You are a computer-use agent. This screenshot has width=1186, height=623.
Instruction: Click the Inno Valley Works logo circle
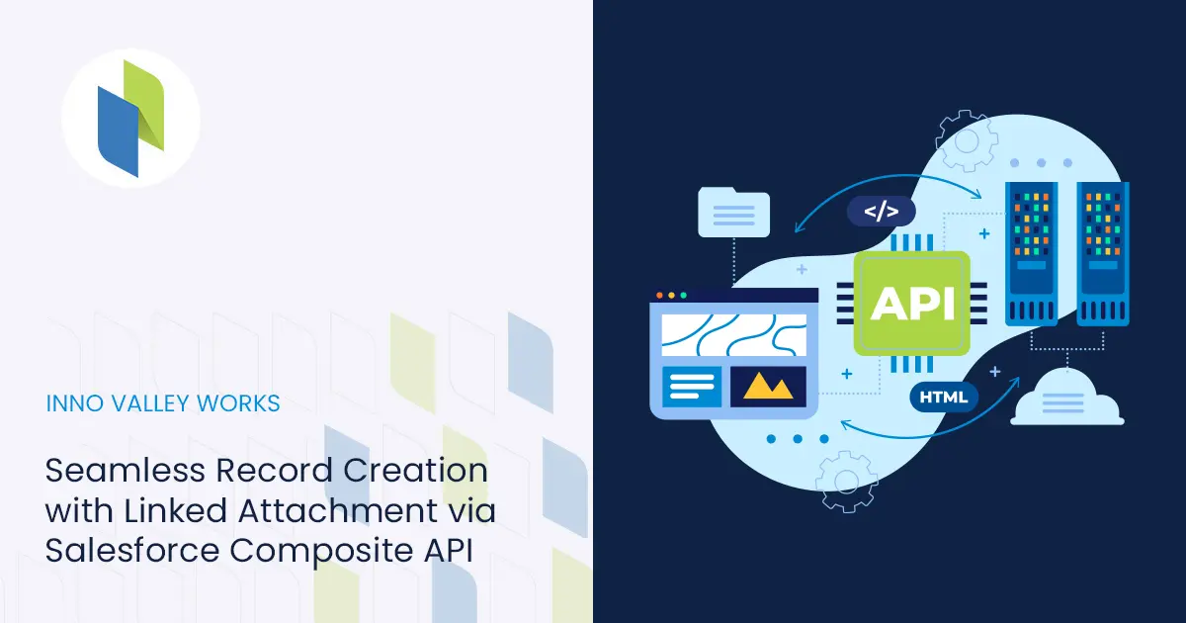click(130, 118)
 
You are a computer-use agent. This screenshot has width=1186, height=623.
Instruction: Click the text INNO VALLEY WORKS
click(163, 403)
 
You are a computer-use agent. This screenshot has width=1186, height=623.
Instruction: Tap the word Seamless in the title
click(125, 470)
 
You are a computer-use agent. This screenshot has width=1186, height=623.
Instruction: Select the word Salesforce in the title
click(132, 550)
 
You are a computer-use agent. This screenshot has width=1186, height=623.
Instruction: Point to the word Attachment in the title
click(338, 510)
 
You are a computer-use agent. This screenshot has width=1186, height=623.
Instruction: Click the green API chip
click(911, 303)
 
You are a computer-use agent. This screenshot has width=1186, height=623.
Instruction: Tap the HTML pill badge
click(944, 397)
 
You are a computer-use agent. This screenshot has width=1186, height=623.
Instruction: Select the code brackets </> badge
click(881, 212)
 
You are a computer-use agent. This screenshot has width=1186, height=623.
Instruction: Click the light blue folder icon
click(733, 212)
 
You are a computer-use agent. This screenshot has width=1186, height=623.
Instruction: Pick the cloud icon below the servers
click(1066, 398)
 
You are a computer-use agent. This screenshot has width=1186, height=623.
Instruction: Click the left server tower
click(1032, 254)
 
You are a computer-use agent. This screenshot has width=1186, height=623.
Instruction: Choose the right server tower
click(1103, 254)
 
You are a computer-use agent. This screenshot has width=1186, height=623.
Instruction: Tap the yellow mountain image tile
click(768, 387)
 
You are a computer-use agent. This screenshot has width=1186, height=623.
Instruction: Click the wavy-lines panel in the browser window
click(733, 335)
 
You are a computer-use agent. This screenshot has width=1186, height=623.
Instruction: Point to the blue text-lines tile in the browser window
click(692, 387)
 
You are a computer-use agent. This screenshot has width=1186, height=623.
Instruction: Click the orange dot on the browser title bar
click(660, 295)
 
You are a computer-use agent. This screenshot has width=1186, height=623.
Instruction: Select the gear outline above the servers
click(967, 140)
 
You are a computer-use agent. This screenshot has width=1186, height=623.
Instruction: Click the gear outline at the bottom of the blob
click(847, 482)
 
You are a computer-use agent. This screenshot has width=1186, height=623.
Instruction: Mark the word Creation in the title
click(415, 470)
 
